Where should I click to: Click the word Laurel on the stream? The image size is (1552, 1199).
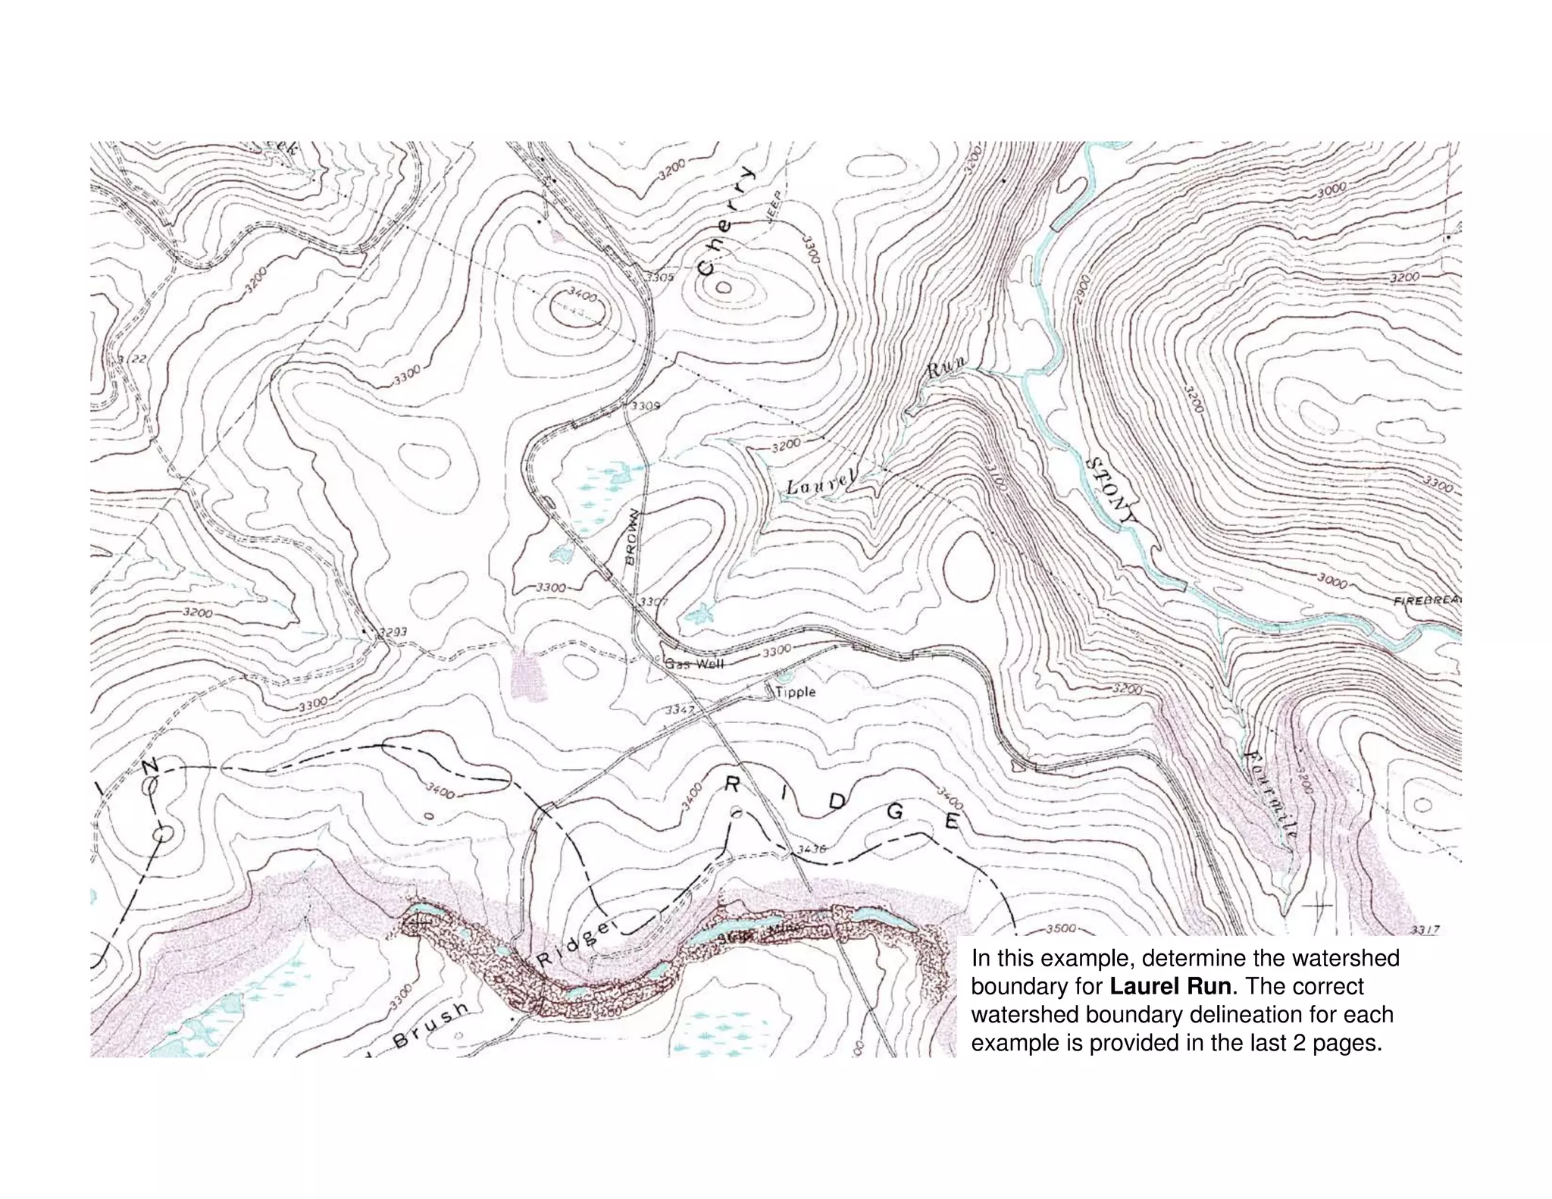point(821,483)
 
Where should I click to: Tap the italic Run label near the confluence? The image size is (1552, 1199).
point(947,370)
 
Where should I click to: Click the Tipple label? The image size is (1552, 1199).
point(795,691)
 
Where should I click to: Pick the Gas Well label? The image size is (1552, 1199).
point(695,664)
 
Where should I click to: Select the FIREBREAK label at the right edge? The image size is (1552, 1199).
point(1427,601)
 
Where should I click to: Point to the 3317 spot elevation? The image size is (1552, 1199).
point(1425,930)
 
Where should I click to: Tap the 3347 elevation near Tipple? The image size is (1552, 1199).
point(680,710)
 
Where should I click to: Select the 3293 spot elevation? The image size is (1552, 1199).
point(393,631)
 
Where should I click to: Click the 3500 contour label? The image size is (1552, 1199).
point(1061,928)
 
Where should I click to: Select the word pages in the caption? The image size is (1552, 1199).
point(1347,1043)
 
